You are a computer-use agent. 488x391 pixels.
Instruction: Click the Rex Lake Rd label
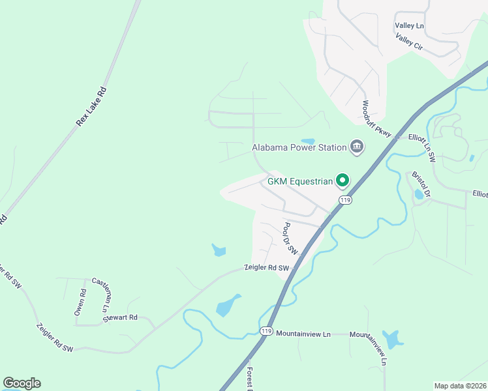(x=91, y=107)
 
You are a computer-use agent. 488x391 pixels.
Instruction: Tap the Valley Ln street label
(x=409, y=25)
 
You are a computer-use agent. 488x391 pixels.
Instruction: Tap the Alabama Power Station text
(x=299, y=147)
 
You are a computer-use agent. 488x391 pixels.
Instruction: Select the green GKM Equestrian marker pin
(x=342, y=181)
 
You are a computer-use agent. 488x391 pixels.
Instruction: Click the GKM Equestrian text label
(x=300, y=181)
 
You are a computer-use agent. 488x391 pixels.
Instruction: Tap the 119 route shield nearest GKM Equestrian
(x=345, y=199)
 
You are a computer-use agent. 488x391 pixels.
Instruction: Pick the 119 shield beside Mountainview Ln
(x=266, y=332)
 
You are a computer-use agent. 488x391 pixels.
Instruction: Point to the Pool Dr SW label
(x=290, y=239)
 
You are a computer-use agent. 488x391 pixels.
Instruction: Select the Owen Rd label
(x=80, y=302)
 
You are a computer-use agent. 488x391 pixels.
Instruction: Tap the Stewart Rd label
(x=124, y=317)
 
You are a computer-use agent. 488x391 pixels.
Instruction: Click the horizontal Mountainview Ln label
(x=303, y=334)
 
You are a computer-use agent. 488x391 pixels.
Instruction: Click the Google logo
(x=22, y=383)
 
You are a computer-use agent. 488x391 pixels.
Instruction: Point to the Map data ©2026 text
(x=460, y=386)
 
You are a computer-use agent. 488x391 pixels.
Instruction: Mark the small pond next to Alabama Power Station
(x=308, y=141)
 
